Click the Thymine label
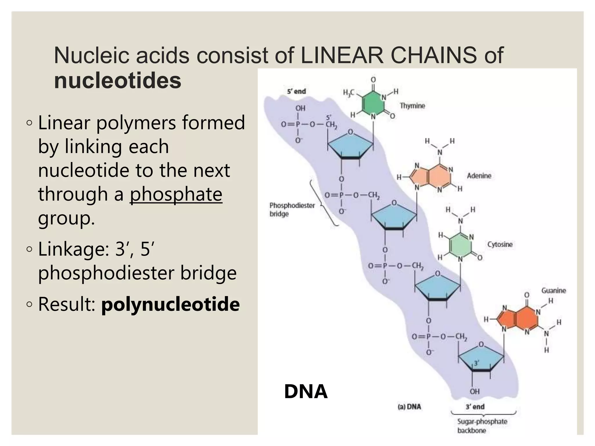(412, 106)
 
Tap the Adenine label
(479, 176)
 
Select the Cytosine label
(500, 244)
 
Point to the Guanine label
(553, 290)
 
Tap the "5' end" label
(296, 91)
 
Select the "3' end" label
(475, 407)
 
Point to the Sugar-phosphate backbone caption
(482, 426)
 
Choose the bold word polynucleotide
(171, 304)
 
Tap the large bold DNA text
(306, 391)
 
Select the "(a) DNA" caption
(409, 407)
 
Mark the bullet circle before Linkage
(29, 249)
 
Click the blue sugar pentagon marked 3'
(481, 359)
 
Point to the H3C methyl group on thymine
(349, 93)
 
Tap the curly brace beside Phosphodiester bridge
(322, 203)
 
